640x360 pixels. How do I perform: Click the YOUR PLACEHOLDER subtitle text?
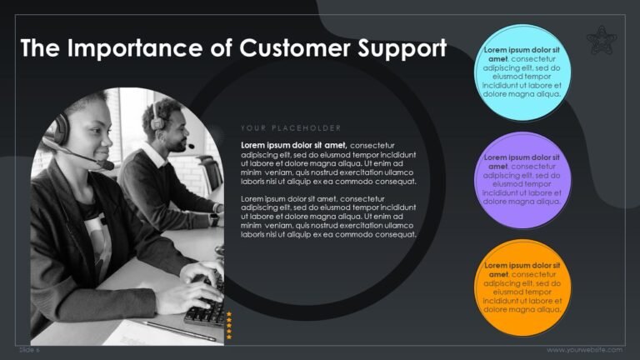291,128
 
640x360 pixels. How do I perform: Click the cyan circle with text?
522,72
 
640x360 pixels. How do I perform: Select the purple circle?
522,178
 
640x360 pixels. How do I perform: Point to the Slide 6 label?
29,350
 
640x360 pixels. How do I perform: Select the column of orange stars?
228,326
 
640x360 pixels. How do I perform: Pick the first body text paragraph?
327,162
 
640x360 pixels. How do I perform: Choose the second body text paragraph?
327,217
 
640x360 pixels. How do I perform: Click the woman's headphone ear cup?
60,129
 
